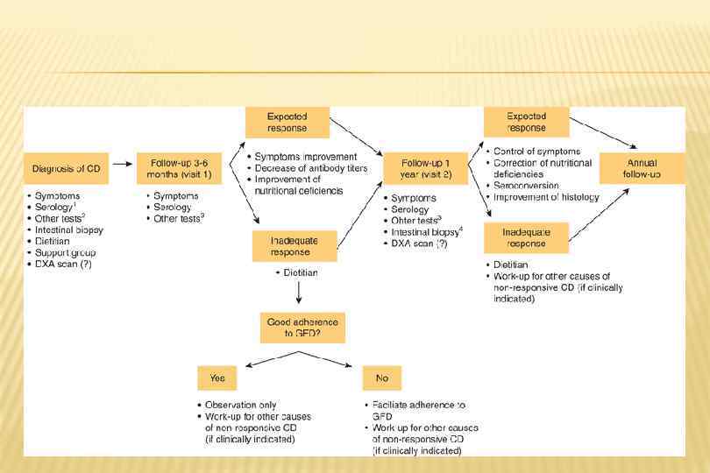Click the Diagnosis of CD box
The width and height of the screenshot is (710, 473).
tap(67, 168)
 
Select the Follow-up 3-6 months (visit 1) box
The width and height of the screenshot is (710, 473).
tap(180, 168)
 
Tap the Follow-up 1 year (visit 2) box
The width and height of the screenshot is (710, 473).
tap(426, 168)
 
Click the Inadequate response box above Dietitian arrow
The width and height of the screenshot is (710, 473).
tap(295, 246)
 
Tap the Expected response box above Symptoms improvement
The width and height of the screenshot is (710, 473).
tap(288, 121)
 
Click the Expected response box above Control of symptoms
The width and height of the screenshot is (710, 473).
tap(526, 121)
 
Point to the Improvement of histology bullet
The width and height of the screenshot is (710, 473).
tap(545, 197)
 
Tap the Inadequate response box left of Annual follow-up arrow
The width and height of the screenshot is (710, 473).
tap(526, 236)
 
